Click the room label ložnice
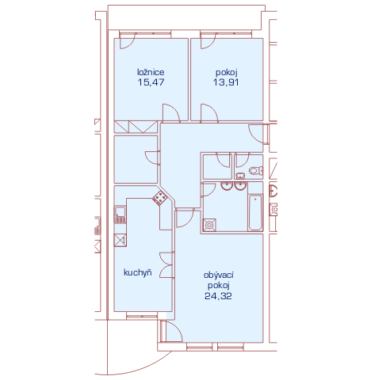coord(151,72)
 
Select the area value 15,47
coord(151,82)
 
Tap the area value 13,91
coord(226,82)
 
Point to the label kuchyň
coord(138,272)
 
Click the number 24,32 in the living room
coord(218,296)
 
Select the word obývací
coord(219,275)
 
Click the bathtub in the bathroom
coord(255,212)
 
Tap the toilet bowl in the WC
coord(256,170)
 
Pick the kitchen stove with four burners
coord(159,197)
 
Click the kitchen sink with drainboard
coord(120,215)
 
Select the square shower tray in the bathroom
coord(209,225)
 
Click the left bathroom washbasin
coord(227,185)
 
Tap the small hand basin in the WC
coord(240,176)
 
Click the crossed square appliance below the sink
coord(120,241)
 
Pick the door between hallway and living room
coord(185,218)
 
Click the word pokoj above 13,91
coord(227,72)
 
